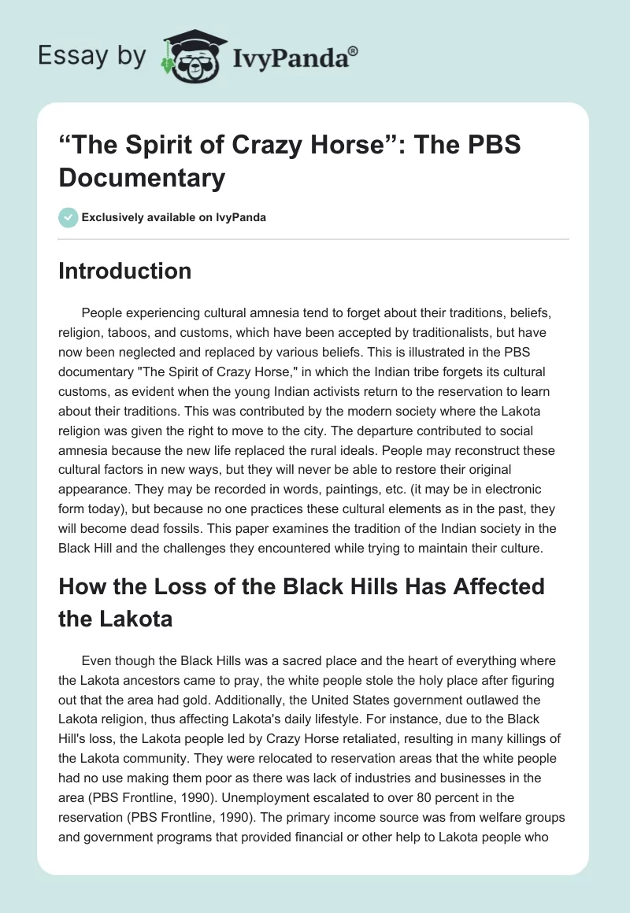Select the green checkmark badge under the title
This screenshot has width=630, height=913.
tap(69, 217)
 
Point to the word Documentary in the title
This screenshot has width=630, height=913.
tap(142, 177)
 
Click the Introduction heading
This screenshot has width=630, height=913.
tap(125, 271)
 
